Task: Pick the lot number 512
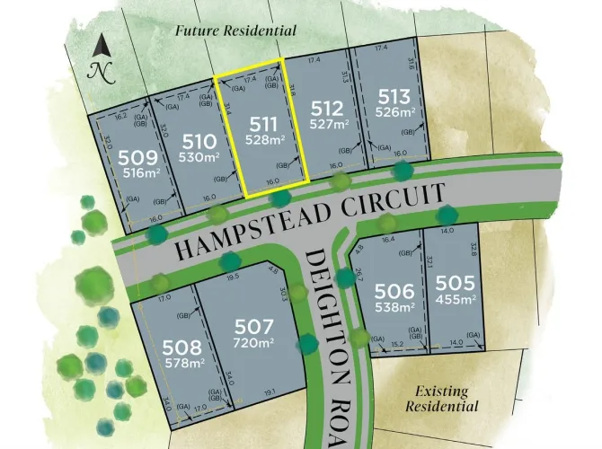[325, 108]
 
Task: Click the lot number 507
[252, 326]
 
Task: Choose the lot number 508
[184, 348]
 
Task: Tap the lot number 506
[395, 291]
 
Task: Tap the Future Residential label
[235, 31]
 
